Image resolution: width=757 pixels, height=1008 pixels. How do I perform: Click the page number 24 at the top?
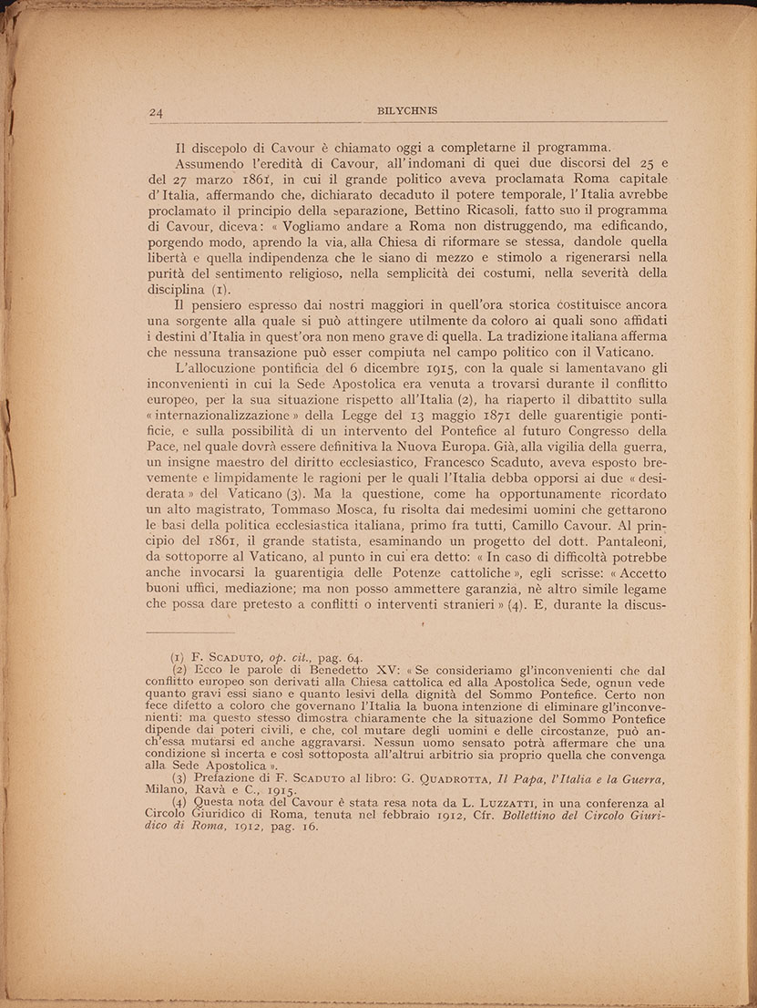(154, 113)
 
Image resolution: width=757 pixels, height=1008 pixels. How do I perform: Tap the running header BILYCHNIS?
(406, 111)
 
